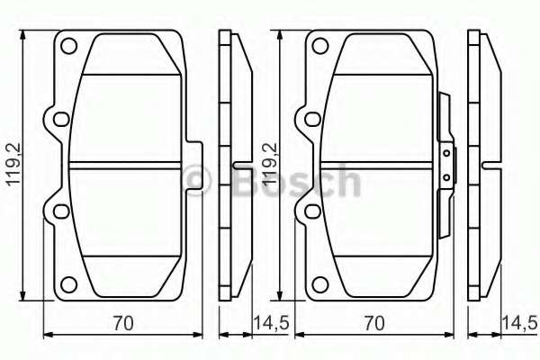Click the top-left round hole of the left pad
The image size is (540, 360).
pos(68,46)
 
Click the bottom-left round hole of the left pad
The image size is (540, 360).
pos(68,284)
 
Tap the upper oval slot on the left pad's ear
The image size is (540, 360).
pos(61,119)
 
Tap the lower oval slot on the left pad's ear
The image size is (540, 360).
pos(61,211)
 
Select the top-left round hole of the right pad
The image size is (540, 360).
pos(319,46)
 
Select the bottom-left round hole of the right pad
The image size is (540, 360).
pos(319,284)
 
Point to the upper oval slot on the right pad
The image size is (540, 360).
pos(312,119)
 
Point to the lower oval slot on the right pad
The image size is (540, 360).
pos(312,211)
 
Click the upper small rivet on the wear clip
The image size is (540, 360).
pos(446,153)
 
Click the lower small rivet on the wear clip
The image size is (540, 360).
pos(446,178)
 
